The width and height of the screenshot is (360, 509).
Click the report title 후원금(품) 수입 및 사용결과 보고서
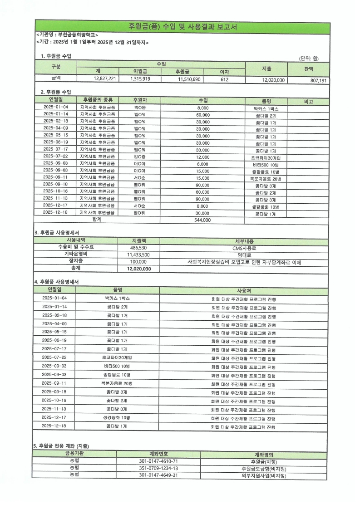point(182,26)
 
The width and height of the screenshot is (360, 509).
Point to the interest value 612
point(224,79)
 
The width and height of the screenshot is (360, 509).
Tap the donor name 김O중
point(140,157)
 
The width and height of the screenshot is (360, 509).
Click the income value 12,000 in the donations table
point(202,157)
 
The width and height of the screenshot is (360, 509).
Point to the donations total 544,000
point(202,220)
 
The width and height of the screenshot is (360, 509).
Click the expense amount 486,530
point(138,248)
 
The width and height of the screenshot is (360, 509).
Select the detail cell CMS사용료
point(244,248)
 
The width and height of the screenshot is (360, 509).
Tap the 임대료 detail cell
point(244,255)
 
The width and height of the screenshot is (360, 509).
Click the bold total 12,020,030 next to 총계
point(138,269)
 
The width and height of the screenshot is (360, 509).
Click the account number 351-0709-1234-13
point(158,468)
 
